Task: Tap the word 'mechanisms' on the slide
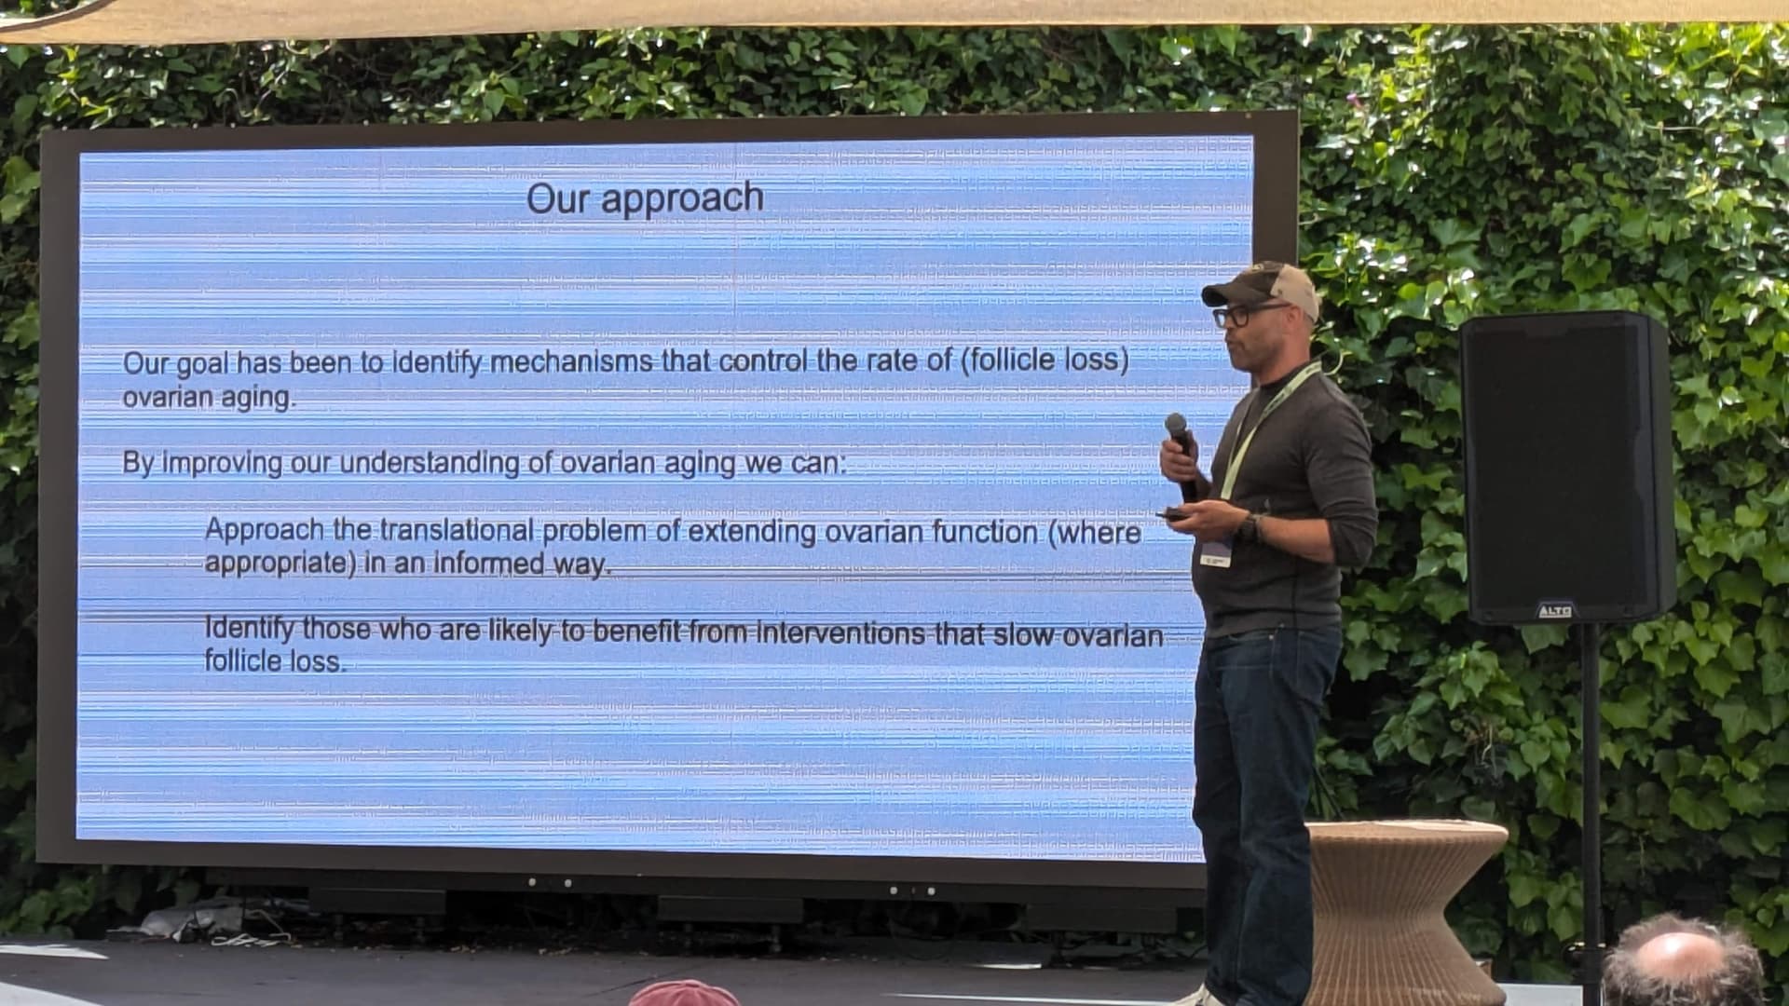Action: (x=570, y=361)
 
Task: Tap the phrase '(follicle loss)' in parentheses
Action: (x=1045, y=360)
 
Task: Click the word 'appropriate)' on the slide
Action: (x=280, y=564)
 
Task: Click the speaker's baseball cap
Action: (x=1263, y=288)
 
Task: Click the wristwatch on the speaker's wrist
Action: (x=1250, y=529)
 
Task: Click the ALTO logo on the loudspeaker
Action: (x=1554, y=611)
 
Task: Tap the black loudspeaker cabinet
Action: (x=1566, y=469)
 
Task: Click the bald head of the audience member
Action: (x=1684, y=959)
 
